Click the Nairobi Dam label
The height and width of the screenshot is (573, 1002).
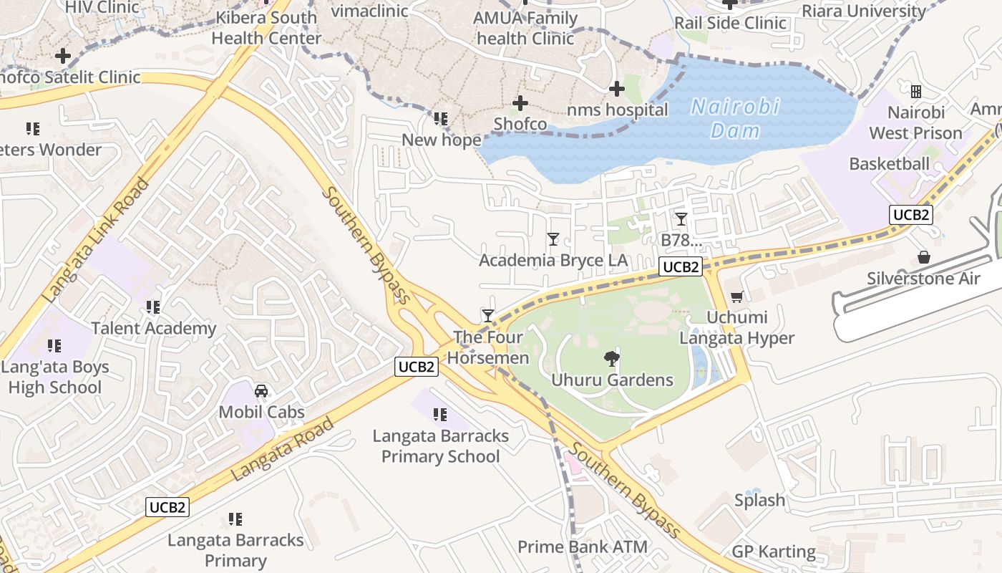tap(734, 119)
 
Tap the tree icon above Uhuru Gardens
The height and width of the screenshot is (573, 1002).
tap(612, 358)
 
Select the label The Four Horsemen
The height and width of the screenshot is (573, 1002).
tap(491, 347)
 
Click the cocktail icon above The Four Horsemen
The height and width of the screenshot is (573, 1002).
tap(488, 315)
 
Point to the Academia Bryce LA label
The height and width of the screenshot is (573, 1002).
tap(553, 260)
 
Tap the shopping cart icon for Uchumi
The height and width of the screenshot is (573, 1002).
tap(736, 297)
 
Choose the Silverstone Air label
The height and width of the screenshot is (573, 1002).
tap(923, 279)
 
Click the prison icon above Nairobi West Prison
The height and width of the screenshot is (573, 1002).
tap(915, 92)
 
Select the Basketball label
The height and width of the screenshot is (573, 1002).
tap(889, 164)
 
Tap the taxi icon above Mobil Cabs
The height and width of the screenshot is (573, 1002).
tap(261, 391)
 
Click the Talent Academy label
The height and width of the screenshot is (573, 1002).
tap(153, 329)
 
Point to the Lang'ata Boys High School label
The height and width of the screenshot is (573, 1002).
tap(55, 377)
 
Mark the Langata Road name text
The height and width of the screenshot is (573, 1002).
tap(283, 448)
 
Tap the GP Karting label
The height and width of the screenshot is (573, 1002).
tap(773, 552)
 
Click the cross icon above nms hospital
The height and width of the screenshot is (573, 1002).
tap(616, 89)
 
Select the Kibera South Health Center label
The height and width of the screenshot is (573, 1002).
tap(266, 28)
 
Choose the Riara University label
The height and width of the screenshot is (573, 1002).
tap(863, 11)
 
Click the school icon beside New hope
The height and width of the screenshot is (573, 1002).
tap(441, 119)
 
